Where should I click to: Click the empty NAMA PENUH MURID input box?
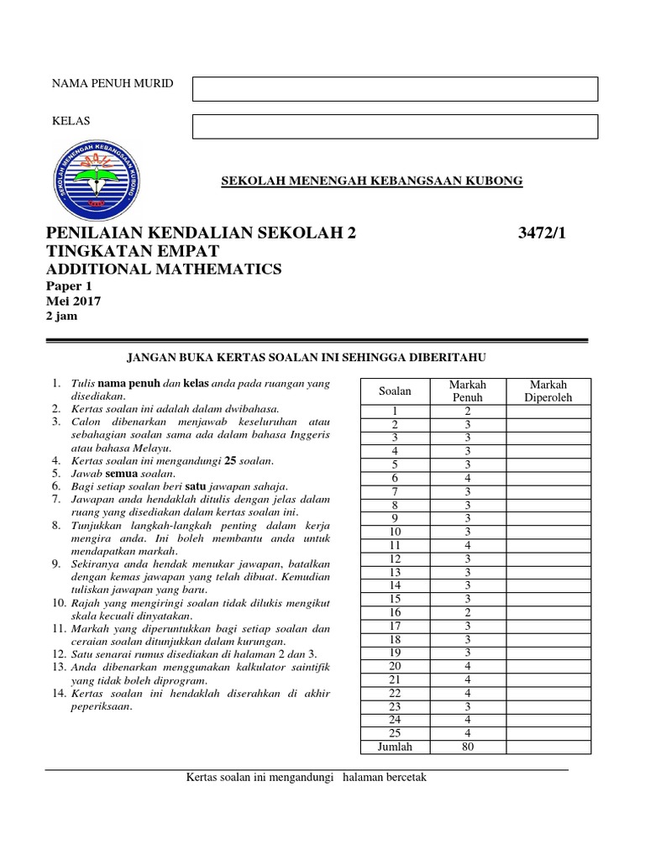tap(395, 89)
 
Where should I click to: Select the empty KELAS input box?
tap(395, 127)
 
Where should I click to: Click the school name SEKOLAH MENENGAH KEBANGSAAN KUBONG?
tap(371, 181)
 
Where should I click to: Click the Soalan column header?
tap(395, 391)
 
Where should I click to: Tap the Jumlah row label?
tap(395, 747)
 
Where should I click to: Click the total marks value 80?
tap(468, 747)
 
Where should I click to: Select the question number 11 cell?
tap(395, 545)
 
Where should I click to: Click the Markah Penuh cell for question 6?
tap(468, 478)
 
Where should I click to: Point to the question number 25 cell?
tap(395, 733)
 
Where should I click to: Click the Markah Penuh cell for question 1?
tap(468, 411)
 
